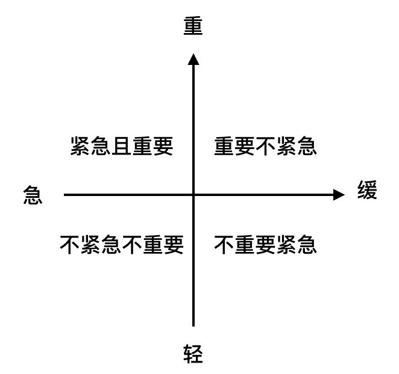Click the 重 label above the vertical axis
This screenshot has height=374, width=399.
tap(193, 26)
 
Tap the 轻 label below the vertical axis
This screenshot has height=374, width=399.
tap(193, 354)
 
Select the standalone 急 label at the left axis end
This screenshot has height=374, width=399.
tap(33, 195)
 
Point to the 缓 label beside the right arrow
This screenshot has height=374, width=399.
tap(366, 192)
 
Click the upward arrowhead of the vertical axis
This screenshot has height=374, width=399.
tap(193, 59)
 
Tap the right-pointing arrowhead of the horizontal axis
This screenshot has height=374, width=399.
tap(339, 194)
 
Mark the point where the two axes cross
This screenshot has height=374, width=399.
tap(193, 194)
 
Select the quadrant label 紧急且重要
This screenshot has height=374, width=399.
tap(122, 146)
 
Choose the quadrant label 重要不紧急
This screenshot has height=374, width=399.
tap(265, 146)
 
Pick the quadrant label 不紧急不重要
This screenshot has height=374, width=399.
tap(122, 244)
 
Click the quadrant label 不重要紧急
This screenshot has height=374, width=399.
tap(265, 244)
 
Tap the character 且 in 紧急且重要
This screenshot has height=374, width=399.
tap(122, 146)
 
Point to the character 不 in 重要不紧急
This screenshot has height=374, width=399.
tap(265, 146)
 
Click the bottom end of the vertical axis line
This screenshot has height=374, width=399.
tap(193, 325)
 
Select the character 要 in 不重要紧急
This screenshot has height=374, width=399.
tap(265, 244)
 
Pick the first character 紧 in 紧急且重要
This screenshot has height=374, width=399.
tap(81, 146)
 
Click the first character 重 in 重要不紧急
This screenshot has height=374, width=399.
tap(224, 146)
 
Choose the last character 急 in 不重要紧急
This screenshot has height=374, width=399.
tap(306, 244)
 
